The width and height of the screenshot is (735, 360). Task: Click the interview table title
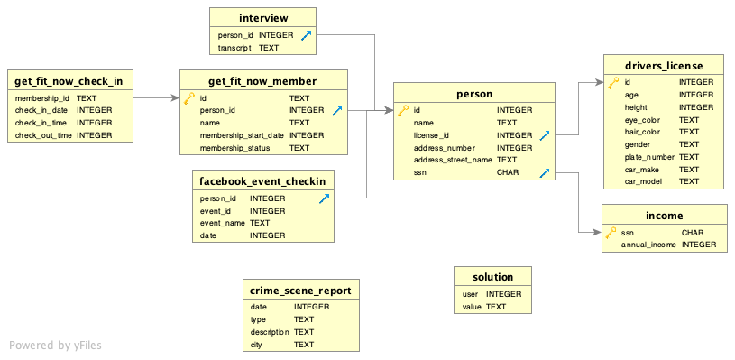[x=263, y=18]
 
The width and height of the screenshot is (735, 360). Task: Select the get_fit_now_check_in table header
[x=69, y=80]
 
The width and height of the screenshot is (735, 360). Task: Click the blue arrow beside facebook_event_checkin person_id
[x=324, y=198]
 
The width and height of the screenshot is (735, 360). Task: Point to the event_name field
[x=222, y=223]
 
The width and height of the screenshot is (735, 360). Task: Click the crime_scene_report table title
[x=302, y=290]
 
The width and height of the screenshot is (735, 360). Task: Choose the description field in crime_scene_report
[x=270, y=332]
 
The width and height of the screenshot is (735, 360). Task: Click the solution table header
[x=492, y=277]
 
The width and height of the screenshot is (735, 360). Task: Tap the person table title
[x=474, y=92]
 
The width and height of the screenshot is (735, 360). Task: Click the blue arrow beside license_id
[x=545, y=135]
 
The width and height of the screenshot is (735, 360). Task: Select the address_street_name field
[x=451, y=160]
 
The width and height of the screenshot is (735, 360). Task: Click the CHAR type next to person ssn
[x=508, y=172]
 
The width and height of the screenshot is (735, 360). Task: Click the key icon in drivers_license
[x=613, y=82]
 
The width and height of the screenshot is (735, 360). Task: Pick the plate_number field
[x=649, y=157]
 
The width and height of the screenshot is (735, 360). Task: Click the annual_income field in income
[x=649, y=245]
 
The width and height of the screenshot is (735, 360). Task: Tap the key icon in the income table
[x=611, y=233]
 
